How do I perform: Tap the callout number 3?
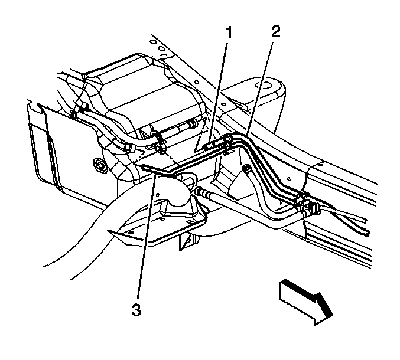point(138,309)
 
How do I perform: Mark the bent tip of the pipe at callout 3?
point(147,168)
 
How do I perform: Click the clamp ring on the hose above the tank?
point(160,140)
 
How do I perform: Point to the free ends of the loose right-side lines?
point(366,231)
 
